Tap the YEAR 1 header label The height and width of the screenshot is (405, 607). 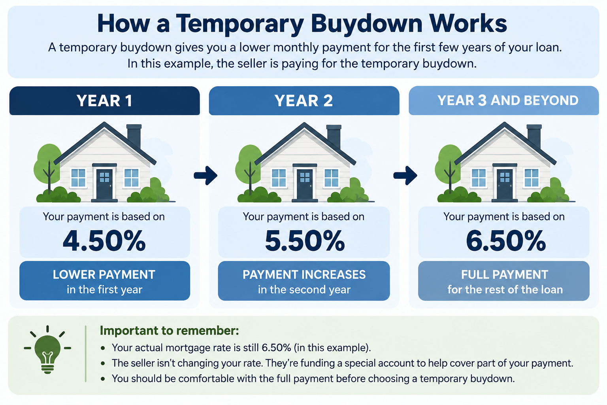point(104,101)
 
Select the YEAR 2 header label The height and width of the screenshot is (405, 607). point(303,101)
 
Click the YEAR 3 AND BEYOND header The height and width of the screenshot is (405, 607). point(507,100)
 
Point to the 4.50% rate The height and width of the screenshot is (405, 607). point(104,240)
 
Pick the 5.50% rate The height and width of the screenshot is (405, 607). point(305,240)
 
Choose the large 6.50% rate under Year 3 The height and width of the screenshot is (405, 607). point(506,240)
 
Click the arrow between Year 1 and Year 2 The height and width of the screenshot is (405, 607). point(205,176)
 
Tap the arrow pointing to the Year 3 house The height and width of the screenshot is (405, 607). point(405,176)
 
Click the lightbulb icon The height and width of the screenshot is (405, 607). point(47,350)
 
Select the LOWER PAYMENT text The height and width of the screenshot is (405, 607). point(104,274)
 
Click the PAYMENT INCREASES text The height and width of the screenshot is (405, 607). point(304,274)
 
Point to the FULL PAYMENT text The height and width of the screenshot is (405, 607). point(505,274)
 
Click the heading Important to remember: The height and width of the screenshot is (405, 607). point(170,331)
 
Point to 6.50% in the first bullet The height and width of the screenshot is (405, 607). point(276,348)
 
